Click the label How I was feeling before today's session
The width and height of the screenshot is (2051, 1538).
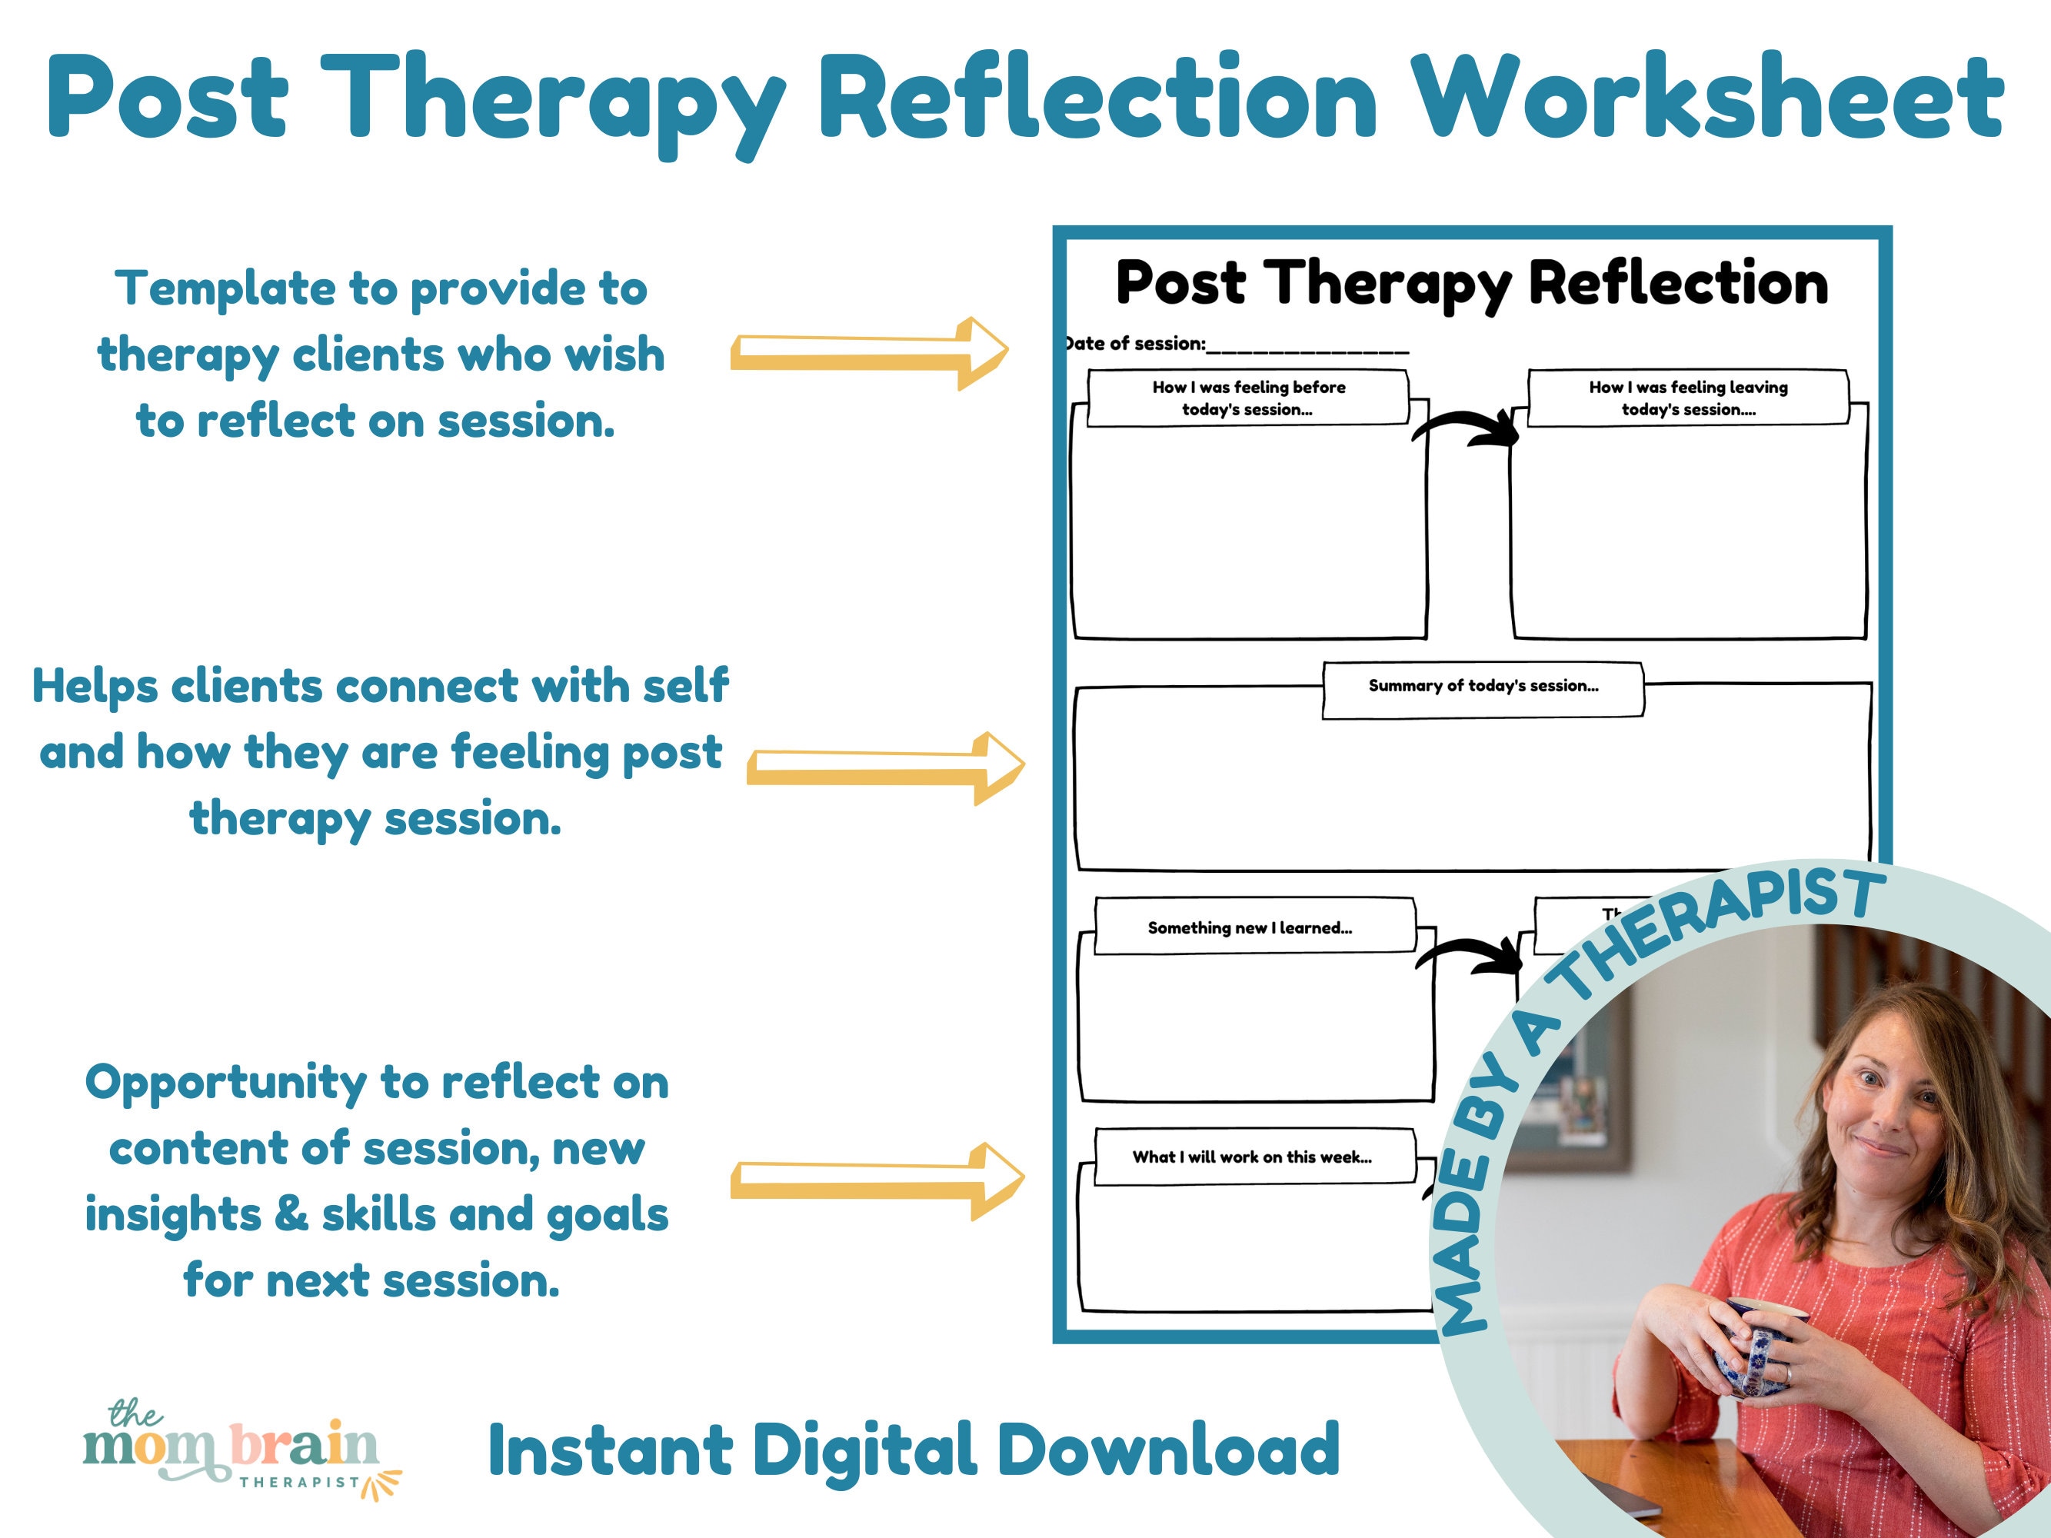[1248, 398]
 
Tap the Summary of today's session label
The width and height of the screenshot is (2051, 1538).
[1483, 687]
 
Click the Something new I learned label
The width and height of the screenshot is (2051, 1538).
[1250, 928]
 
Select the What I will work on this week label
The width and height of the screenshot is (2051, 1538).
[1252, 1157]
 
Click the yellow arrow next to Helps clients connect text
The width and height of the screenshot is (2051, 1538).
[885, 767]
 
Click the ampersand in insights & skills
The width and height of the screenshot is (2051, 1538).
[291, 1213]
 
